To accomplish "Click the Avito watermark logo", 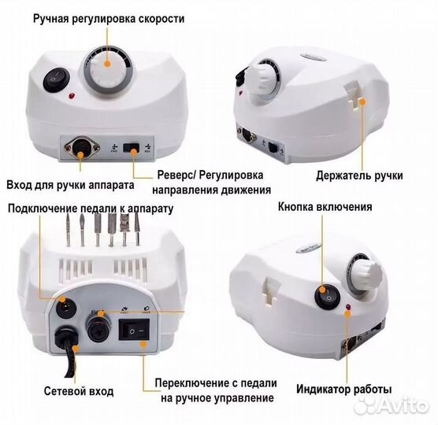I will point(392,404).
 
